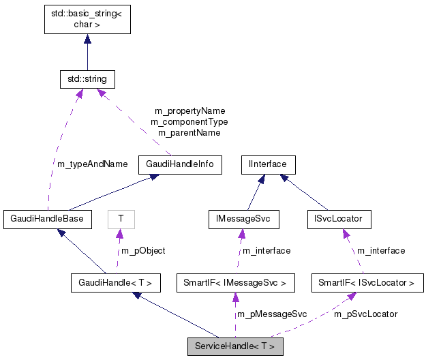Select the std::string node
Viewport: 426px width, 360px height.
(87, 80)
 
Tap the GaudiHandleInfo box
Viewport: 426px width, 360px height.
(180, 164)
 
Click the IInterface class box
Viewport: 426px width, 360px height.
(268, 164)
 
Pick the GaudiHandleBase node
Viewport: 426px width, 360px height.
(47, 219)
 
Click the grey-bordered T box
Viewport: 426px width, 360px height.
(121, 219)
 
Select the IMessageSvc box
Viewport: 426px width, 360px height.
(244, 219)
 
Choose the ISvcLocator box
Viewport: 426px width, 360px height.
(339, 219)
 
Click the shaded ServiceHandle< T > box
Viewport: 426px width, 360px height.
(234, 346)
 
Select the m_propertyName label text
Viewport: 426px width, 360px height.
(189, 110)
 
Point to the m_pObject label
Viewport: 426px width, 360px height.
(143, 250)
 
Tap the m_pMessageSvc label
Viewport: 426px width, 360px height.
(271, 314)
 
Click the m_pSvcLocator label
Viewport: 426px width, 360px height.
(365, 314)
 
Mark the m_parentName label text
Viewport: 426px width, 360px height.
(189, 132)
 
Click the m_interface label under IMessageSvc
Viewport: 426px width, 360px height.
(267, 250)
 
